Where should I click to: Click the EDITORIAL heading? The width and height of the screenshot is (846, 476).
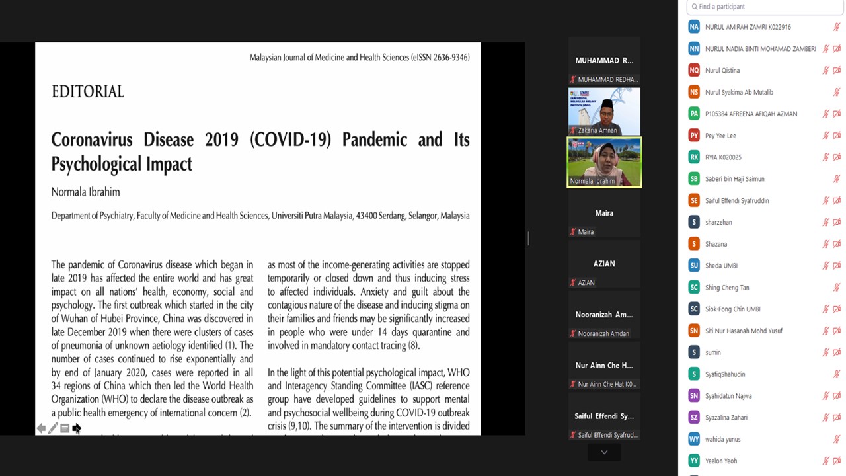point(88,92)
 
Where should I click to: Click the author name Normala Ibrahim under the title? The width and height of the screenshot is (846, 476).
point(85,192)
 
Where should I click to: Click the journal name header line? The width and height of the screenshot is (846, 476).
point(359,58)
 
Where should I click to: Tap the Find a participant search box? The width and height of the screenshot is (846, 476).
point(765,7)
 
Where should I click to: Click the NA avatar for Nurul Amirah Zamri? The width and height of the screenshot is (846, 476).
point(693,27)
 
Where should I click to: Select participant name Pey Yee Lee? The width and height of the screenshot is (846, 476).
point(720,136)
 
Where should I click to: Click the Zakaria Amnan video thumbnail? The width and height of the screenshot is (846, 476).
point(604,111)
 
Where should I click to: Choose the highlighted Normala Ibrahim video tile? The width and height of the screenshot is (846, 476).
point(604,162)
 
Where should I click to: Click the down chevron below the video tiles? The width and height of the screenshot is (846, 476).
point(604,452)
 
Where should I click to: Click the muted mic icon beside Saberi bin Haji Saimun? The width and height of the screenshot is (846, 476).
point(836,179)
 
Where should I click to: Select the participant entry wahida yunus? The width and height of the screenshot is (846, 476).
point(722,439)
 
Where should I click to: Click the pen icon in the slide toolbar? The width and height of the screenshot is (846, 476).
point(53,428)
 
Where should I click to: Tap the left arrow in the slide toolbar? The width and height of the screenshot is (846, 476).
point(41,428)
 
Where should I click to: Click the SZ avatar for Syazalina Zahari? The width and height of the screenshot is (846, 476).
point(693,417)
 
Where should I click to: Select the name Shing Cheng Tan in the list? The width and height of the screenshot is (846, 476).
point(726,288)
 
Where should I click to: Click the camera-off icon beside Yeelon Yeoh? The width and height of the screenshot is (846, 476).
point(836,461)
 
